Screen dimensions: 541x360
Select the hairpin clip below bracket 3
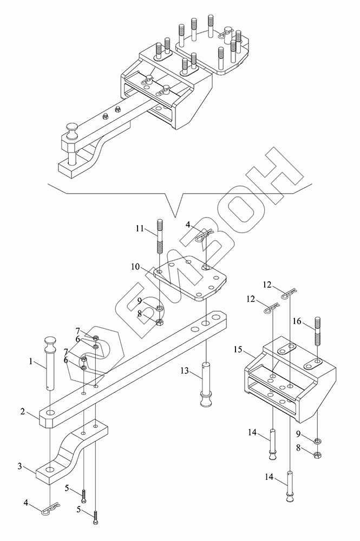click(51, 508)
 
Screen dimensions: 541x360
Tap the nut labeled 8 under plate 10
click(160, 322)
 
